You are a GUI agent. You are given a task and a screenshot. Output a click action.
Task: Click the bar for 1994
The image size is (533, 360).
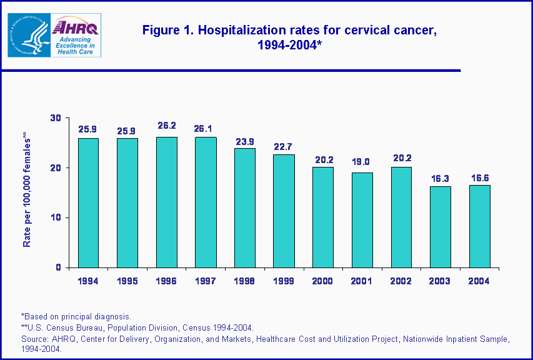pos(88,202)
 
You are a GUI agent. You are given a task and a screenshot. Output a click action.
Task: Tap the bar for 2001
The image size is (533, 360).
pos(362,220)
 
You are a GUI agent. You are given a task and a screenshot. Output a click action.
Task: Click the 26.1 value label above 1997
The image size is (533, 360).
pos(206,129)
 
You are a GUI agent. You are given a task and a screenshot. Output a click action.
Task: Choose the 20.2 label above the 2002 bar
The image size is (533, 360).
pos(401,158)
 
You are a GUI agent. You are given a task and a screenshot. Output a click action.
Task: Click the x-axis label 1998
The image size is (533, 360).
pos(244,281)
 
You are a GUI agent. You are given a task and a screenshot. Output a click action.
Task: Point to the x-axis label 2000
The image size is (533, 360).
pos(322,281)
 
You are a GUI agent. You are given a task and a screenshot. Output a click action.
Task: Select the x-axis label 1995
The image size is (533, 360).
pos(127,281)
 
